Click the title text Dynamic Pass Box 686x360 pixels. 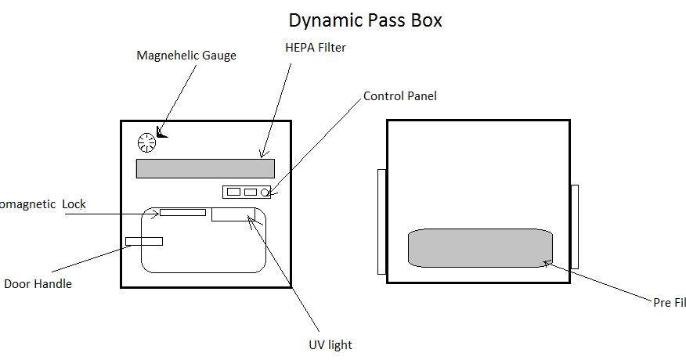(x=365, y=20)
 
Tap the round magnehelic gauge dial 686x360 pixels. (x=146, y=142)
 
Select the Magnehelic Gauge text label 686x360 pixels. (x=186, y=56)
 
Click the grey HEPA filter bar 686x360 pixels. (x=205, y=168)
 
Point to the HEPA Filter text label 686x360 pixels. (x=316, y=48)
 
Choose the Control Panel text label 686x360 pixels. (x=400, y=96)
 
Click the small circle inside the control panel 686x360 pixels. (x=265, y=192)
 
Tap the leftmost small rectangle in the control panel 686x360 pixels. (x=233, y=192)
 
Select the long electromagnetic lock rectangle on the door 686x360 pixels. (x=182, y=212)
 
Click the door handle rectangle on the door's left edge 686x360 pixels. (x=144, y=241)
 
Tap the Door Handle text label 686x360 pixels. (x=38, y=284)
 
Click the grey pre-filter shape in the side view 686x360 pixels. (x=480, y=248)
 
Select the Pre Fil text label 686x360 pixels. (x=669, y=302)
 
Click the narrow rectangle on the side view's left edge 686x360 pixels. (x=381, y=221)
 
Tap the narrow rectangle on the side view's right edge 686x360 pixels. (x=574, y=227)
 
